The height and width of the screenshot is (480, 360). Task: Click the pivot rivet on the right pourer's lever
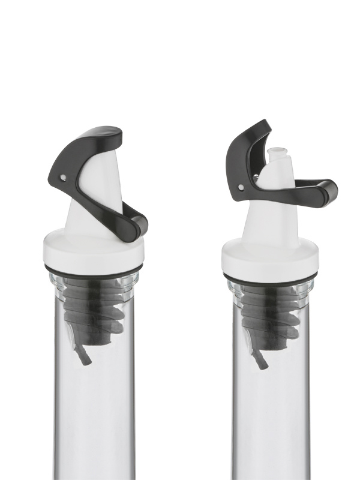click(241, 187)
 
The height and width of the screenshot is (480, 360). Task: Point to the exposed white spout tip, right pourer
click(277, 155)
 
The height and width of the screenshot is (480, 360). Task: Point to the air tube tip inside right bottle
click(263, 363)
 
